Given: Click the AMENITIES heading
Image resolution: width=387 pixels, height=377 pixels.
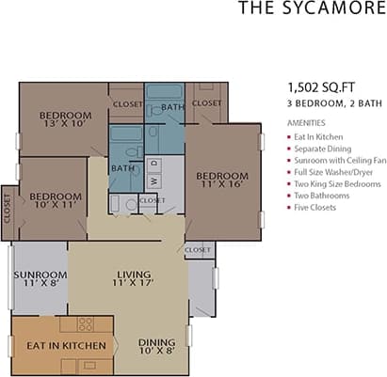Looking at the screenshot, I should (306, 123).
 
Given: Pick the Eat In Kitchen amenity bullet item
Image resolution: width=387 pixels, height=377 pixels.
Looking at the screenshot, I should (318, 137).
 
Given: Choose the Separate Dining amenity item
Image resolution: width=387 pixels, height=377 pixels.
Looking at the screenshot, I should (321, 149).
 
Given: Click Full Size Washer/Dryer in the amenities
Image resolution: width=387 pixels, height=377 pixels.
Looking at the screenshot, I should (334, 172).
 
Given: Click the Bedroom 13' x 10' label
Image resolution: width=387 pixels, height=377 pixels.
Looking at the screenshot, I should (63, 120).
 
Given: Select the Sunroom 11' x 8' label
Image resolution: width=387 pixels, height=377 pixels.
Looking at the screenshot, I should (39, 280).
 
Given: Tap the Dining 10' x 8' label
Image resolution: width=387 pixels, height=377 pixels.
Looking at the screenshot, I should (156, 347).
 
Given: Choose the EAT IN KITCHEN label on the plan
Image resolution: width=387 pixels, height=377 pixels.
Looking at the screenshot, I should (58, 346).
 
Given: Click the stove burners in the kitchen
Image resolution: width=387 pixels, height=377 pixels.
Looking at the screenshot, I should (85, 324).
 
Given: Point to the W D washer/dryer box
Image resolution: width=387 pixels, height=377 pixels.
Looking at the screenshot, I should (153, 175).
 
